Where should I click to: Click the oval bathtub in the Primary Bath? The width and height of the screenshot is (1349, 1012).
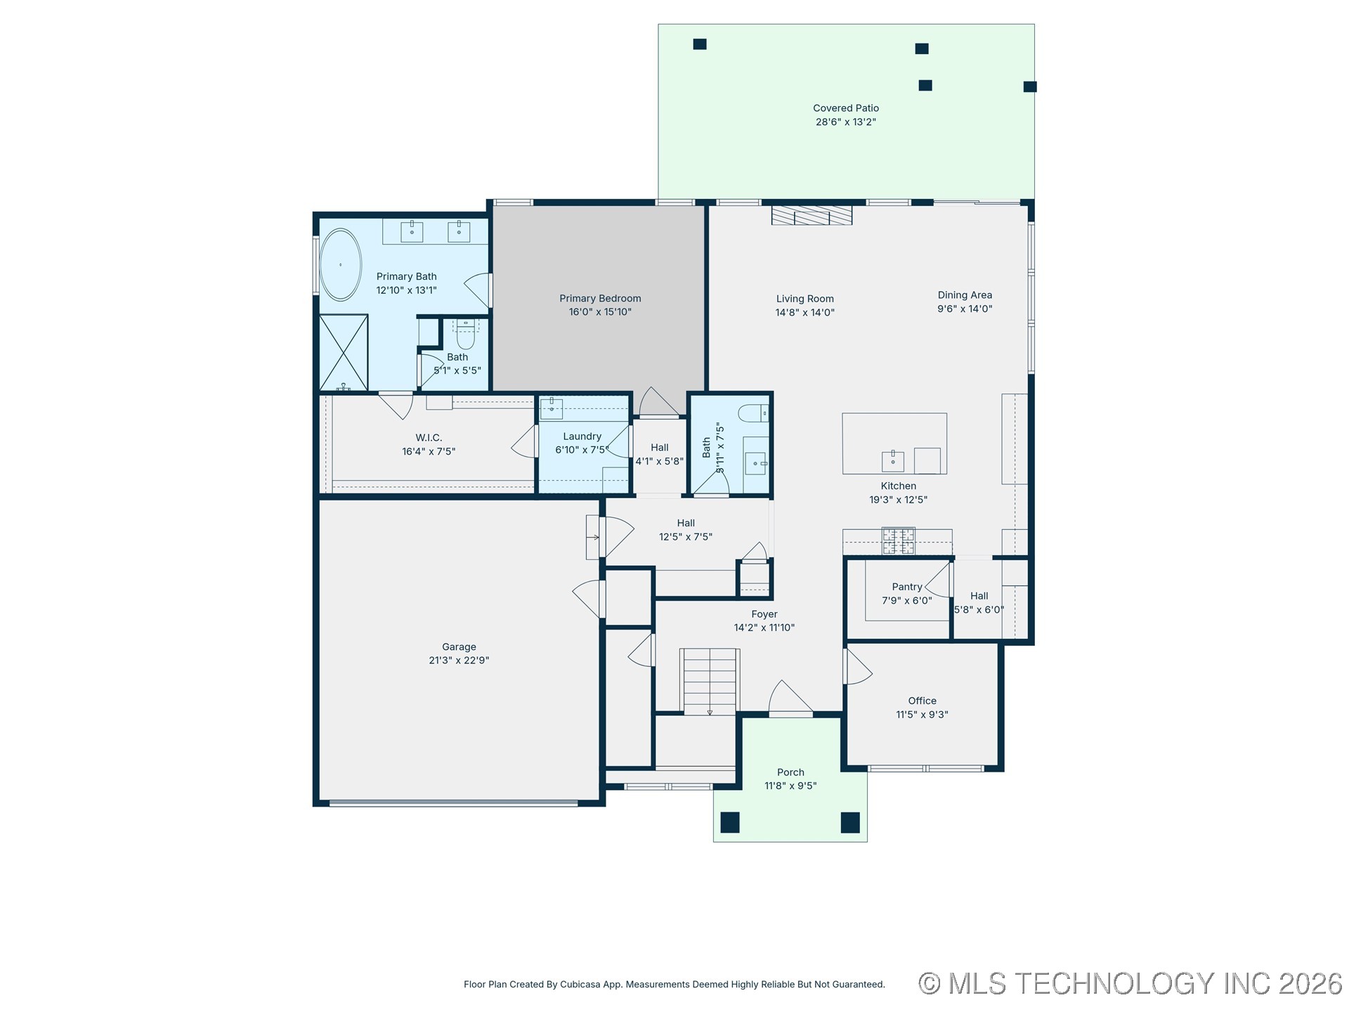(x=341, y=265)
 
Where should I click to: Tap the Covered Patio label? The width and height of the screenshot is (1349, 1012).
(x=846, y=108)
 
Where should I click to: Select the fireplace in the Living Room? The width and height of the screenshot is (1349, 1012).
(x=812, y=215)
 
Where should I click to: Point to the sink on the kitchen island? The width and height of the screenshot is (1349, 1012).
(x=893, y=462)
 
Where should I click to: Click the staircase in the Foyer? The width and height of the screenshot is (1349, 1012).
(x=710, y=682)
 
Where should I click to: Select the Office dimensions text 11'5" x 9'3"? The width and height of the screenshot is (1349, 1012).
(x=922, y=715)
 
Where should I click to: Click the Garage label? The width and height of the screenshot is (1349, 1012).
(x=459, y=647)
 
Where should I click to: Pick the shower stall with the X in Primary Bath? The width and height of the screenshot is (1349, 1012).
(x=344, y=353)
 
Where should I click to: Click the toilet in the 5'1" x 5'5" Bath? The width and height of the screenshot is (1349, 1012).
(x=466, y=337)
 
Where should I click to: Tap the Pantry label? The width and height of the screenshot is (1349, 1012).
(x=906, y=587)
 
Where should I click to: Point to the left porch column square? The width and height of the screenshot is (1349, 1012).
(x=730, y=822)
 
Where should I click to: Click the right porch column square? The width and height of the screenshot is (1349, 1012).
(x=850, y=822)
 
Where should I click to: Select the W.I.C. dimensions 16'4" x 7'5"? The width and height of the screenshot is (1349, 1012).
(x=429, y=452)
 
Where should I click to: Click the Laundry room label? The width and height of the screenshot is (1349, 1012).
(x=582, y=436)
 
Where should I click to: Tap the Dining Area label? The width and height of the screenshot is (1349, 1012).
(x=965, y=295)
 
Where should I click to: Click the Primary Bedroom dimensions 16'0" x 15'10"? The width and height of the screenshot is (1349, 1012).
(x=600, y=312)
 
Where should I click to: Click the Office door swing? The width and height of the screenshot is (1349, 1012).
(x=857, y=668)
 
